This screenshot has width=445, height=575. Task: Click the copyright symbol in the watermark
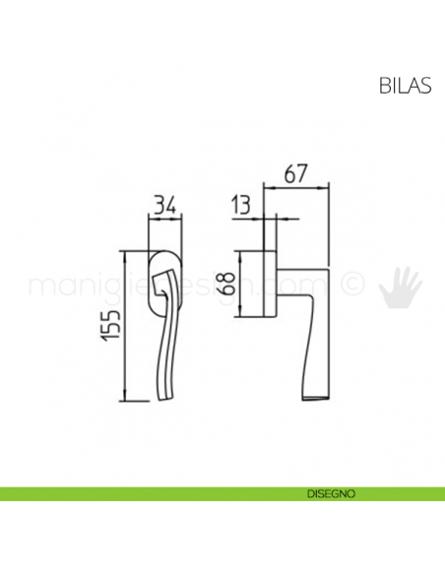pyautogui.click(x=350, y=285)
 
